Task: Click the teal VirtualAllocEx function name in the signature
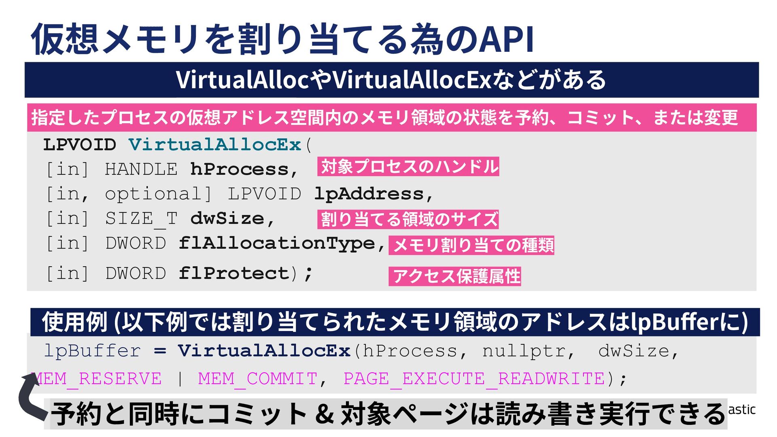point(215,145)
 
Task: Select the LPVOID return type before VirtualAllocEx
point(80,145)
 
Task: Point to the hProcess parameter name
point(240,170)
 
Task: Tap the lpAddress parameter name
point(369,194)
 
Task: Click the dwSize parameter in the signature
point(227,219)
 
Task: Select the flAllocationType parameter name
point(277,244)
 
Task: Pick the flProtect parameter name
point(234,274)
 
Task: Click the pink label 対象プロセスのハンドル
point(408,167)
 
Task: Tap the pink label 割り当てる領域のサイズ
point(408,219)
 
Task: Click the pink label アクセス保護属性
point(455,276)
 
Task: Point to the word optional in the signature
point(153,194)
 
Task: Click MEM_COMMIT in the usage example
point(257,379)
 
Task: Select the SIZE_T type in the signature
point(141,219)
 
